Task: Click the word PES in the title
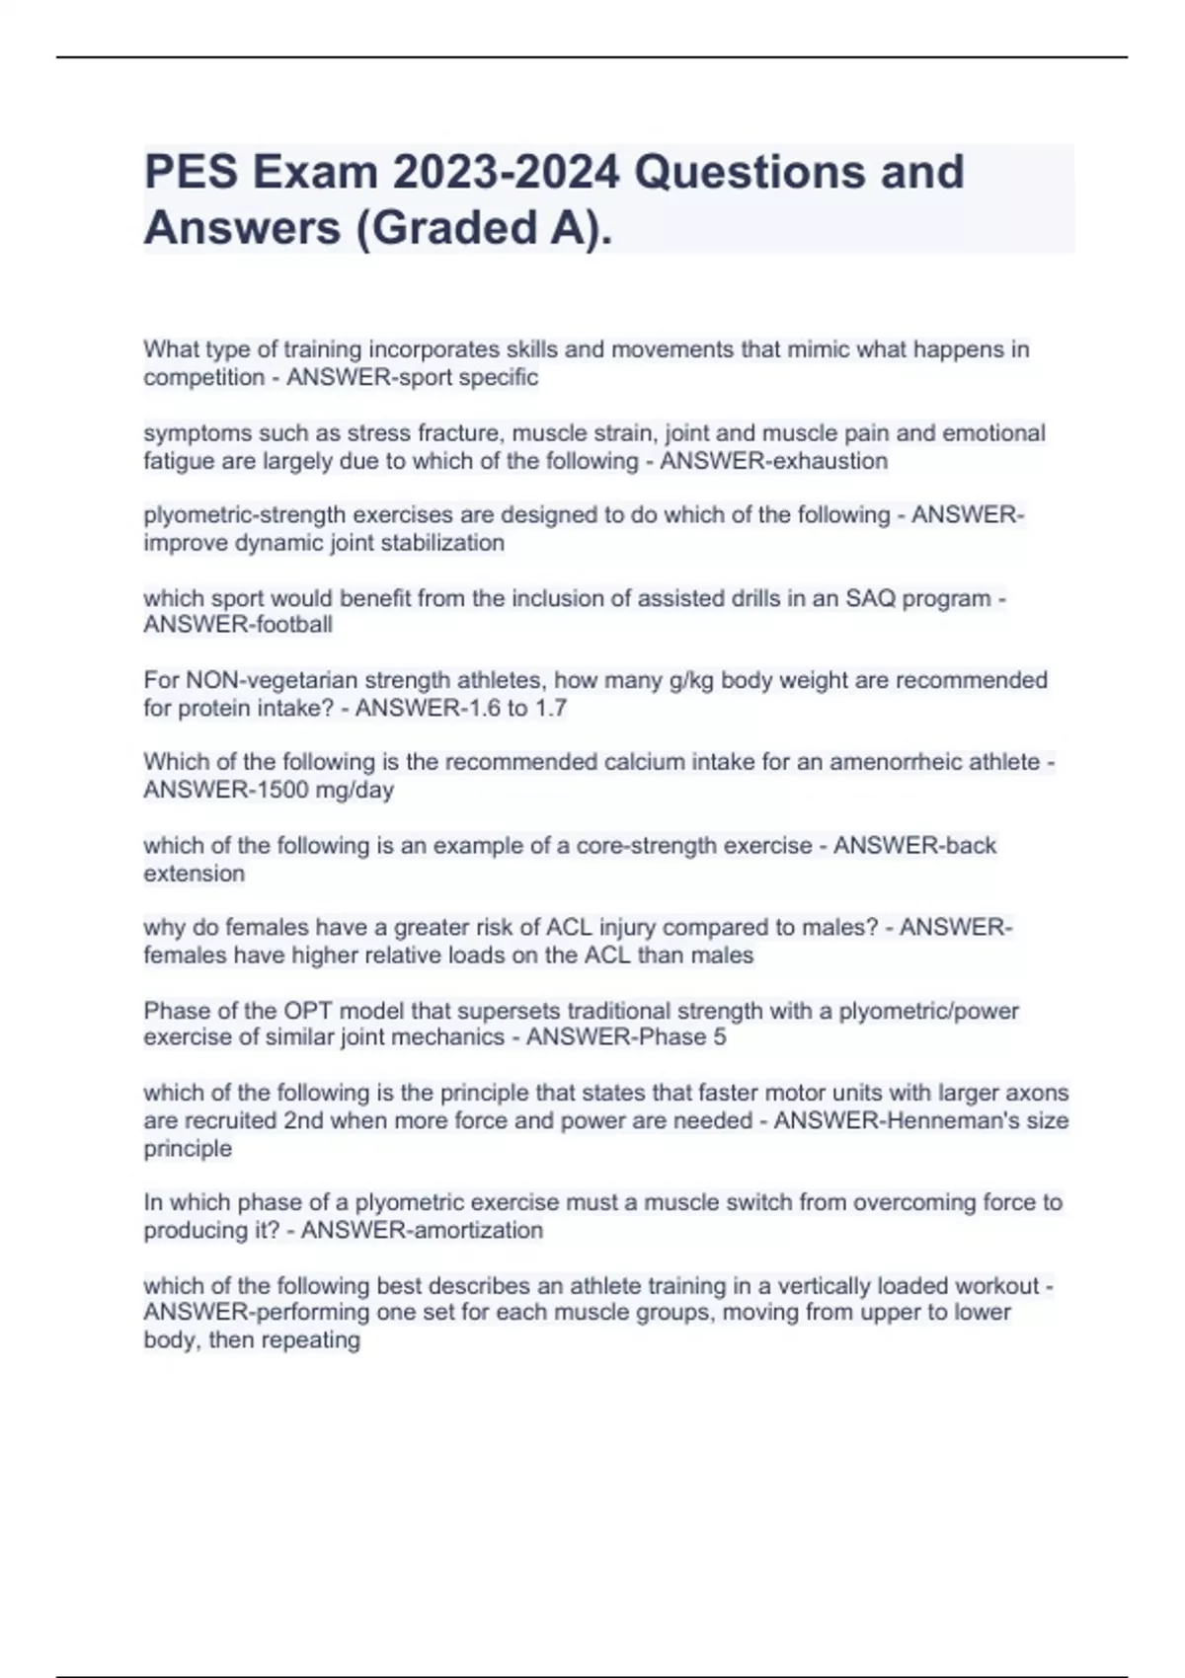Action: point(191,173)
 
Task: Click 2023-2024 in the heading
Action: point(506,173)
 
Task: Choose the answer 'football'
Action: point(293,625)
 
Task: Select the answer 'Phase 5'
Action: point(682,1037)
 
